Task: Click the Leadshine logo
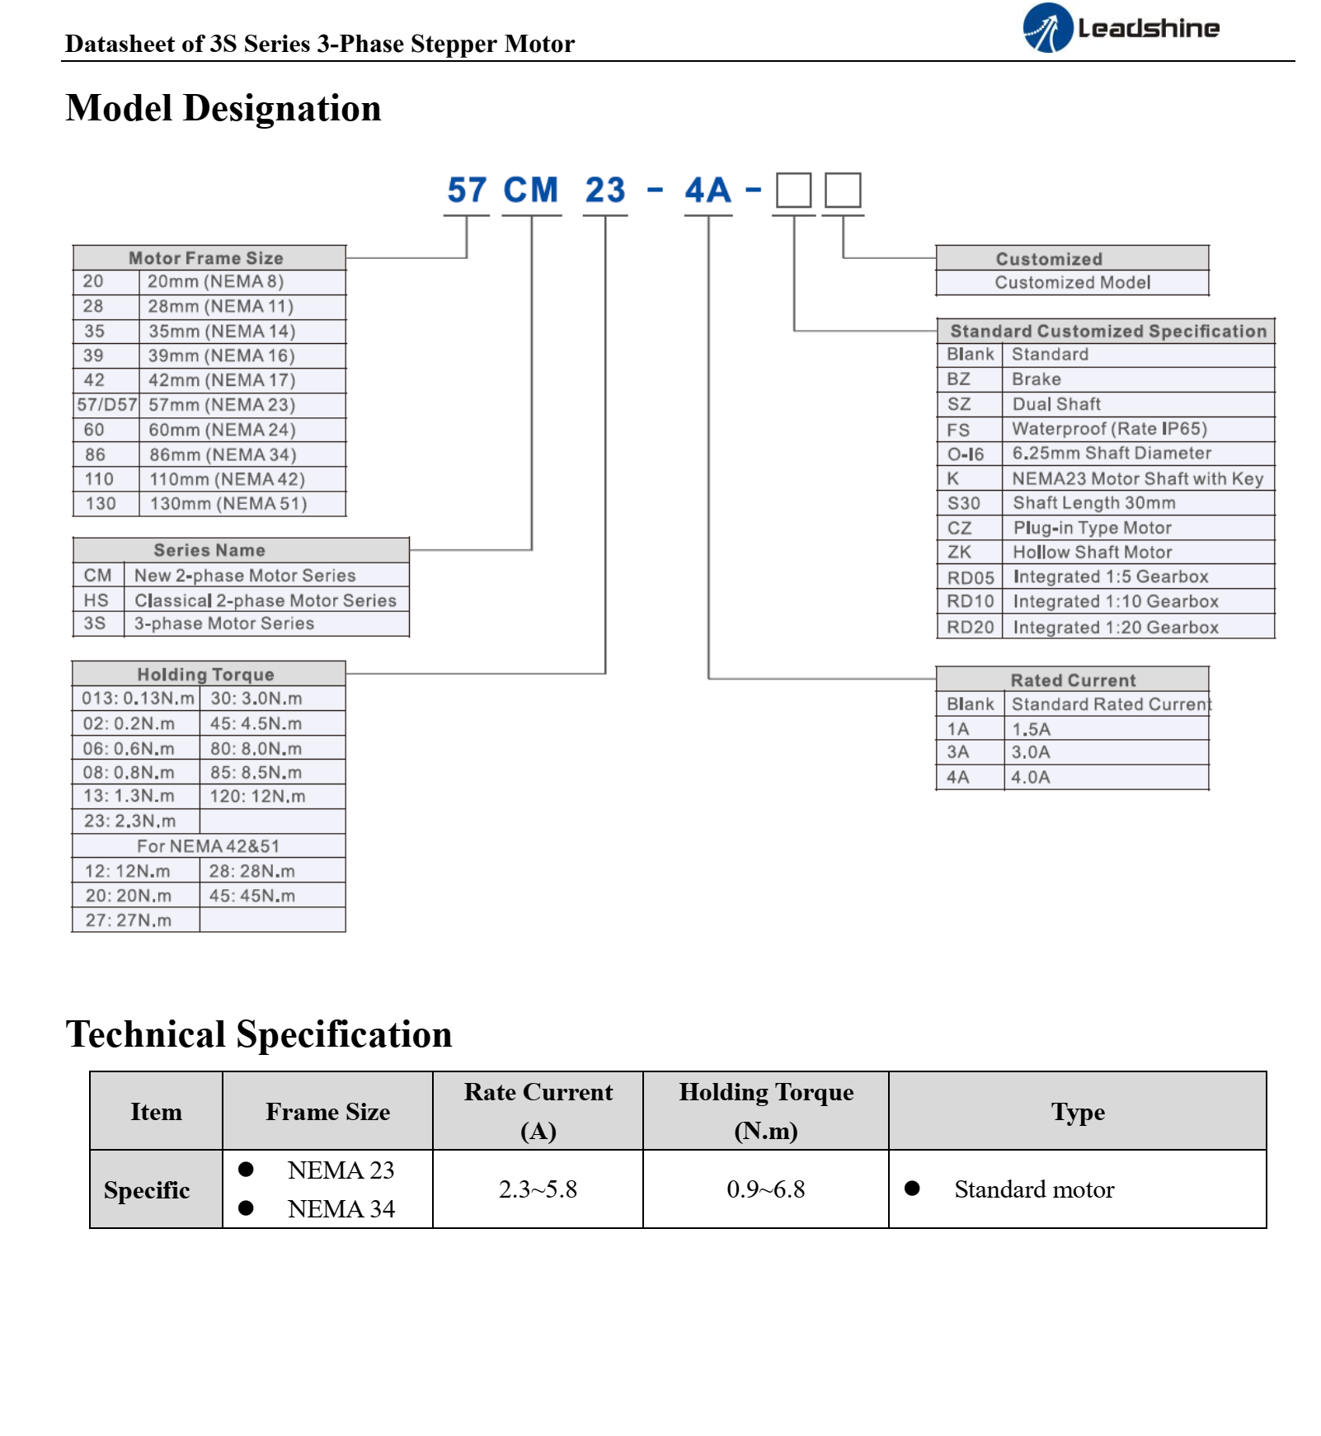tap(1121, 28)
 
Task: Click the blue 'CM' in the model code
tap(531, 191)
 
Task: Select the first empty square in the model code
tap(794, 191)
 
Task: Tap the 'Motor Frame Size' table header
tap(206, 258)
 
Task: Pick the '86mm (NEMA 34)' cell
tap(223, 454)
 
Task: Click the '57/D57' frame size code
tap(107, 405)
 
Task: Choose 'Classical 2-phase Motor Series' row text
tap(266, 600)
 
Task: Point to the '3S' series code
tap(95, 624)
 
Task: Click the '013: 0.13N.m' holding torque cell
tap(138, 699)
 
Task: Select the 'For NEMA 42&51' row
tap(209, 846)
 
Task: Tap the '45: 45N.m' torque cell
tap(252, 896)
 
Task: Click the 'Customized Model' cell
tap(1073, 283)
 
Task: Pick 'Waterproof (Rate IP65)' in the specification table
tap(1110, 429)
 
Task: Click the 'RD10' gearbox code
tap(971, 601)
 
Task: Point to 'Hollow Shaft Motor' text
tap(1093, 553)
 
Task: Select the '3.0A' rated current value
tap(1031, 752)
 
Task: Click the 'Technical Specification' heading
tap(259, 1034)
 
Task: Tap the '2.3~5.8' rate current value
tap(538, 1189)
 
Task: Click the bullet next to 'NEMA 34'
tap(246, 1208)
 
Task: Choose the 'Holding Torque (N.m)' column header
tap(766, 1111)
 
